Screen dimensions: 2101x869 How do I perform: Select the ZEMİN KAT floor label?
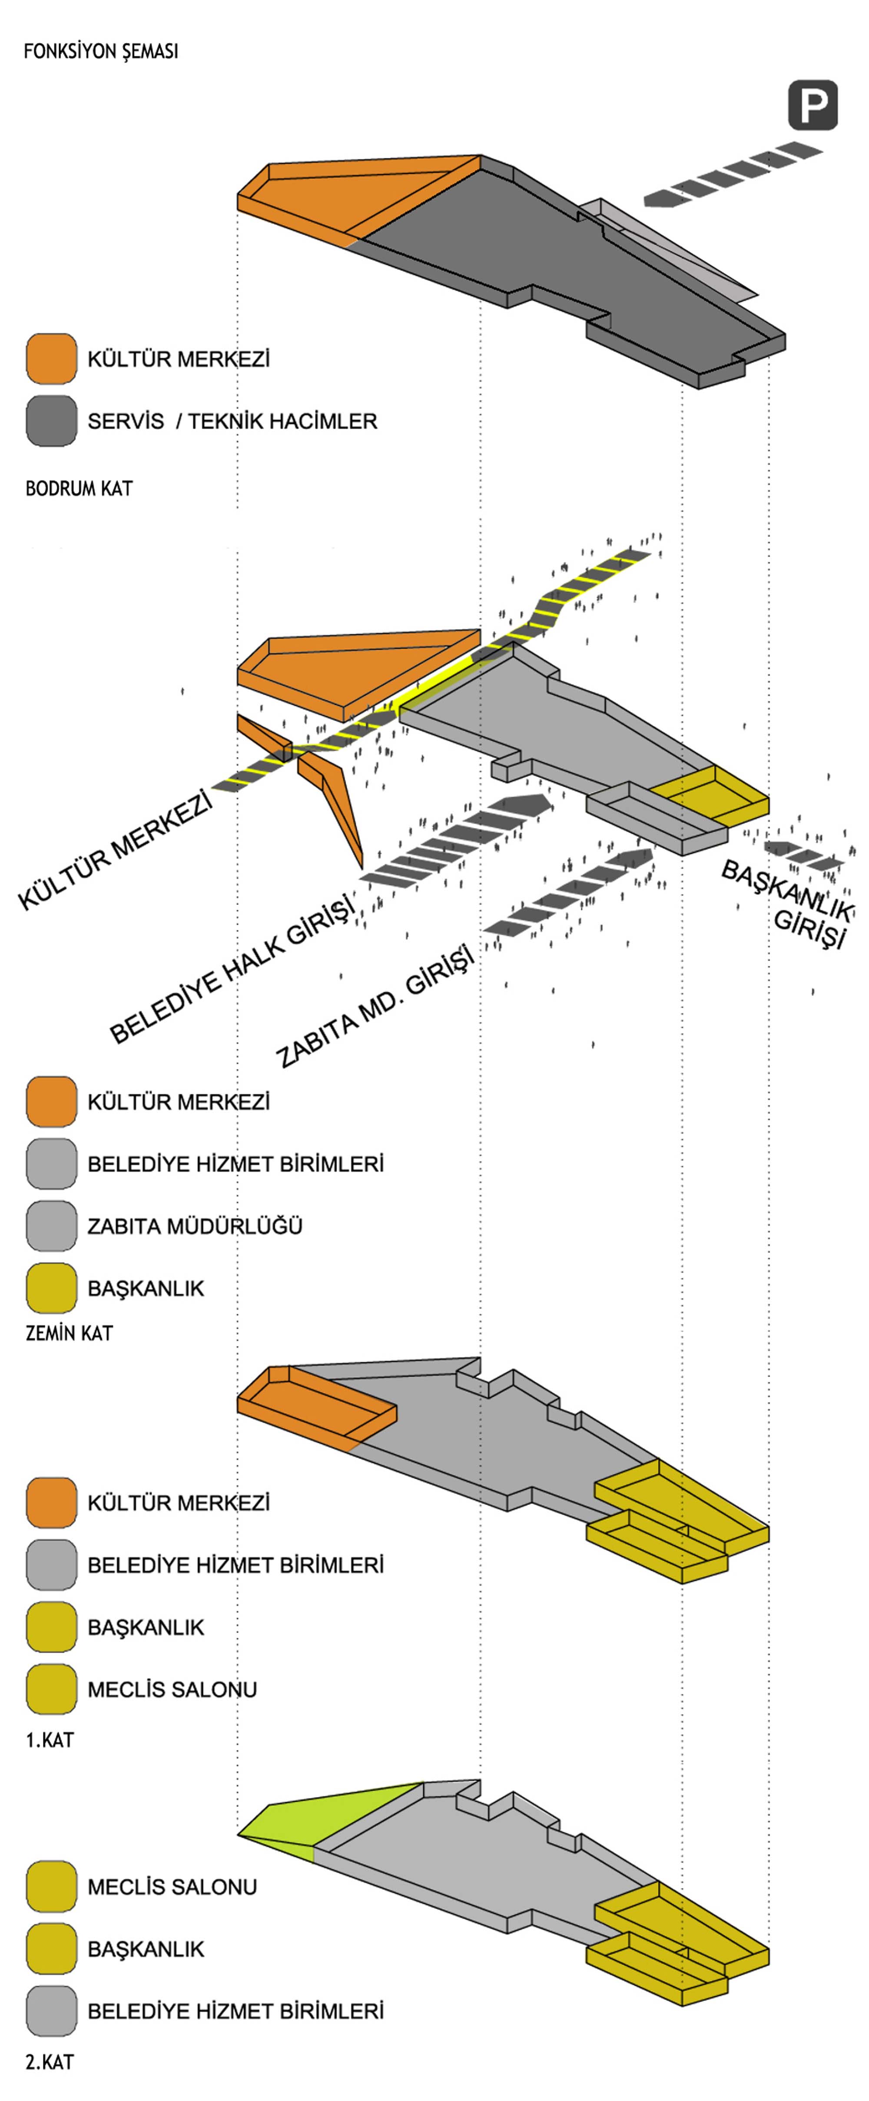69,1333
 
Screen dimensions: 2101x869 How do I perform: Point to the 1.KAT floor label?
49,1740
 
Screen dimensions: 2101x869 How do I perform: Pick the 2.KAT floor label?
49,2062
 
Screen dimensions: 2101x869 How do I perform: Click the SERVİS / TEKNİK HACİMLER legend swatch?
51,421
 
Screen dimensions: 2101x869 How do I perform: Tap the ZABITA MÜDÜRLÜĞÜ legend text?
195,1226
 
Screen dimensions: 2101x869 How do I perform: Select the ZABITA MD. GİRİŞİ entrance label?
375,1007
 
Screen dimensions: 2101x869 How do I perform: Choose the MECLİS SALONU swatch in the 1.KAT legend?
51,1689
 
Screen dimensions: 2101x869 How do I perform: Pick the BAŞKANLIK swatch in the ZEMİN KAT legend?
51,1288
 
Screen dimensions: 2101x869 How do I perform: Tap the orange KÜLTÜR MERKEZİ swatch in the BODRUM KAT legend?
51,359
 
